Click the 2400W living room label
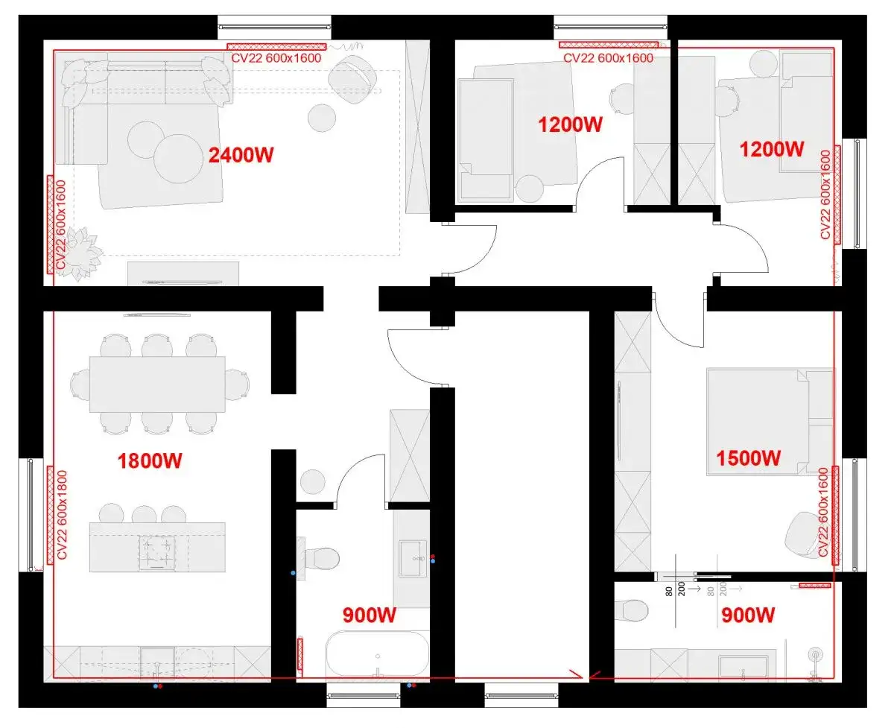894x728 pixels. (x=241, y=155)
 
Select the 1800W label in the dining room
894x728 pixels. (x=150, y=460)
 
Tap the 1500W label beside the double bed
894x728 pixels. (x=749, y=458)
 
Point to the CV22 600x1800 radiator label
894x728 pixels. (x=62, y=515)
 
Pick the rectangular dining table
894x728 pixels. (x=157, y=384)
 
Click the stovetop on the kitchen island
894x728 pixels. (x=156, y=553)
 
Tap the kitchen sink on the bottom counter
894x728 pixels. (x=157, y=664)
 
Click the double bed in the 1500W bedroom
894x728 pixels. (x=770, y=422)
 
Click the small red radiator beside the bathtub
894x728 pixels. (x=299, y=654)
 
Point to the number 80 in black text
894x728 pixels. (x=668, y=591)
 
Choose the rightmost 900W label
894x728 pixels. (x=748, y=615)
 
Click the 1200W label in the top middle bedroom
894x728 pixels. (x=570, y=124)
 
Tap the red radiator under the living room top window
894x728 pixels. (x=276, y=47)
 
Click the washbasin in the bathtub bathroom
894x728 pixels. (x=413, y=559)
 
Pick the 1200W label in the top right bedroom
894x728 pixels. (x=771, y=149)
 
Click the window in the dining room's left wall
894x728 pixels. (x=31, y=515)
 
